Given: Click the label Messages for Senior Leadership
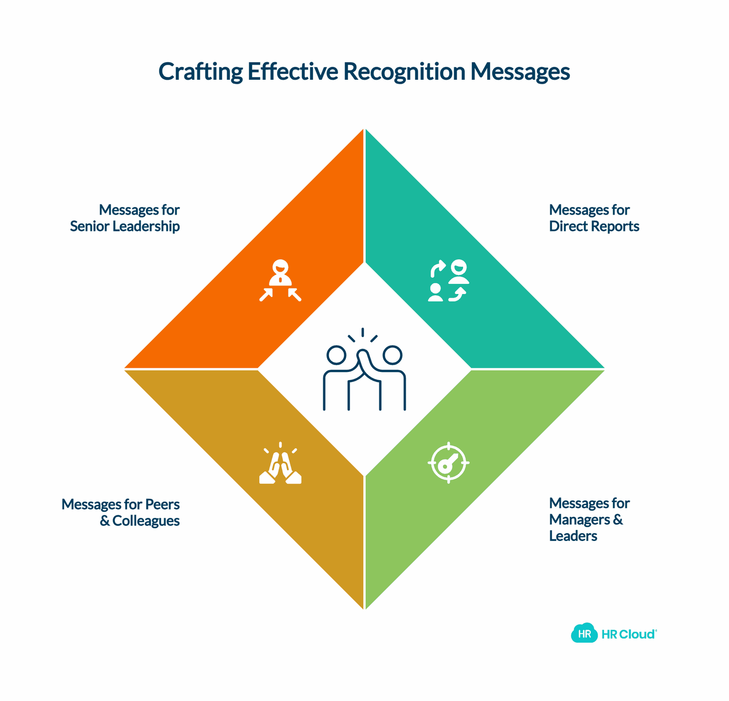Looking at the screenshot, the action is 125,218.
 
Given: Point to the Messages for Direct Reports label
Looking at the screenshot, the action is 594,218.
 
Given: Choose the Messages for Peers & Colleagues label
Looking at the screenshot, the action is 121,512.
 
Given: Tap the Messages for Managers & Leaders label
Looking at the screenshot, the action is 590,519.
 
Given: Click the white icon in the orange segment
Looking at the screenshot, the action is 280,280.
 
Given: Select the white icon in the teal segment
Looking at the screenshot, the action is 448,280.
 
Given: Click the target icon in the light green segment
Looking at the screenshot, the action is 448,463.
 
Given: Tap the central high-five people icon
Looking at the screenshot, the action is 364,369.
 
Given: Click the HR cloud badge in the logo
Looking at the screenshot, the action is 584,633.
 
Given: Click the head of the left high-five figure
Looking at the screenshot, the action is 337,355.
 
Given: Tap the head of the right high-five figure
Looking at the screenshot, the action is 392,355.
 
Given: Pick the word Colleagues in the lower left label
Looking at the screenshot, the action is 146,521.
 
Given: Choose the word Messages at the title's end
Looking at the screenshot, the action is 520,72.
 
